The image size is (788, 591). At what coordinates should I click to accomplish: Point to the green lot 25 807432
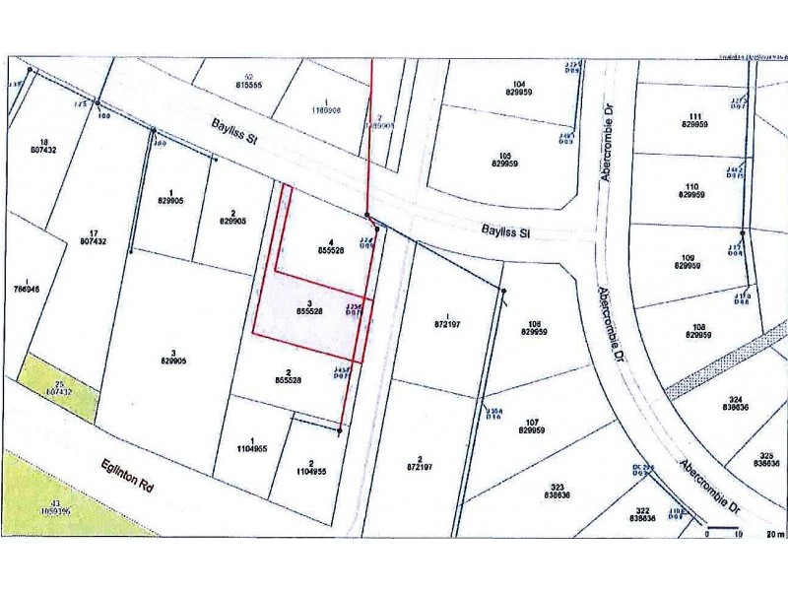(64, 386)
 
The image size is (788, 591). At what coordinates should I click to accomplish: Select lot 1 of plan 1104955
(253, 446)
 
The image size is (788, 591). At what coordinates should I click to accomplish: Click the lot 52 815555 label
(248, 82)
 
